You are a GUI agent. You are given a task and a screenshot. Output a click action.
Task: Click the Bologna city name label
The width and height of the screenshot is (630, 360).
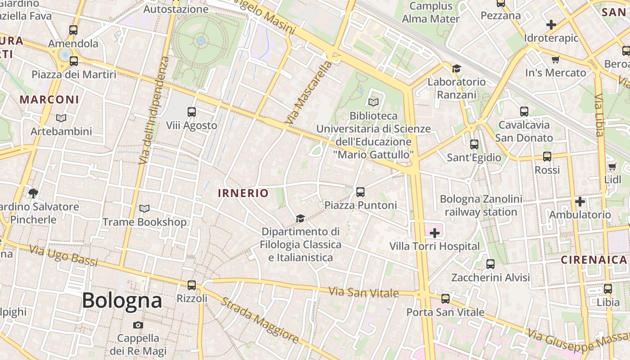tap(121, 301)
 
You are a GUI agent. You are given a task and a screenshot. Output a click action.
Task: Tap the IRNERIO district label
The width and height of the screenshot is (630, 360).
tap(243, 193)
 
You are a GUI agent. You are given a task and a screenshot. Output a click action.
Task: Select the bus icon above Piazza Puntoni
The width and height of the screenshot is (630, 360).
tap(360, 192)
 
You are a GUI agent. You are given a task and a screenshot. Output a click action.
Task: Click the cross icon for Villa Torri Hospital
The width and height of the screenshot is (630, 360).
tap(435, 233)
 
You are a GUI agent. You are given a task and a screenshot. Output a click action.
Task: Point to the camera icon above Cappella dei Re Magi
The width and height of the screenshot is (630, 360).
tap(138, 325)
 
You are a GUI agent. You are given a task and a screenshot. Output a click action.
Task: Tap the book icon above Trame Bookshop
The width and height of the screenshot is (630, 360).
tap(144, 209)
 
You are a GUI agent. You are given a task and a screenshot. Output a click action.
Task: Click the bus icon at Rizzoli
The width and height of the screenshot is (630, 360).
tap(192, 285)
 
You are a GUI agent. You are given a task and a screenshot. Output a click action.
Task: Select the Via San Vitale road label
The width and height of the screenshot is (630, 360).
tap(364, 292)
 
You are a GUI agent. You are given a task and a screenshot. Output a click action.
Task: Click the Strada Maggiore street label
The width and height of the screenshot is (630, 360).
tap(260, 320)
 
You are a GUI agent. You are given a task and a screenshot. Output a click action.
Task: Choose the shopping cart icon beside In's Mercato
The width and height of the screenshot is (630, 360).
tap(556, 59)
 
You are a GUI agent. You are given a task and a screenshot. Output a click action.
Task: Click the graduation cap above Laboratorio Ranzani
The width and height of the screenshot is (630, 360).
tap(457, 68)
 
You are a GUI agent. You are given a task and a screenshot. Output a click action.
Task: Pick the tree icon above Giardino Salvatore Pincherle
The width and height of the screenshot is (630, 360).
tap(33, 193)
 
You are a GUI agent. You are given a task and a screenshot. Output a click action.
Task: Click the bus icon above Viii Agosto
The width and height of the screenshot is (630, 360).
tap(192, 112)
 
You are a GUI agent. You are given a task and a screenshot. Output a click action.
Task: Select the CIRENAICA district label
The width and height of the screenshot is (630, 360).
tap(594, 260)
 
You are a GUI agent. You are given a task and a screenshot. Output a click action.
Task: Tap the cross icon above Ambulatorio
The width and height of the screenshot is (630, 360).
tap(580, 201)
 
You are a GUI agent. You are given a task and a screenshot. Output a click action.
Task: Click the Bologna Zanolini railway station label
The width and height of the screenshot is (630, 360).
tap(481, 206)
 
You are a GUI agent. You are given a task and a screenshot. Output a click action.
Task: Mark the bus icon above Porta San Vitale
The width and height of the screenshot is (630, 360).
tap(445, 298)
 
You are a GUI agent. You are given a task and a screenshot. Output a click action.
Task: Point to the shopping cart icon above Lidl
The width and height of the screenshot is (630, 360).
tap(612, 167)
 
